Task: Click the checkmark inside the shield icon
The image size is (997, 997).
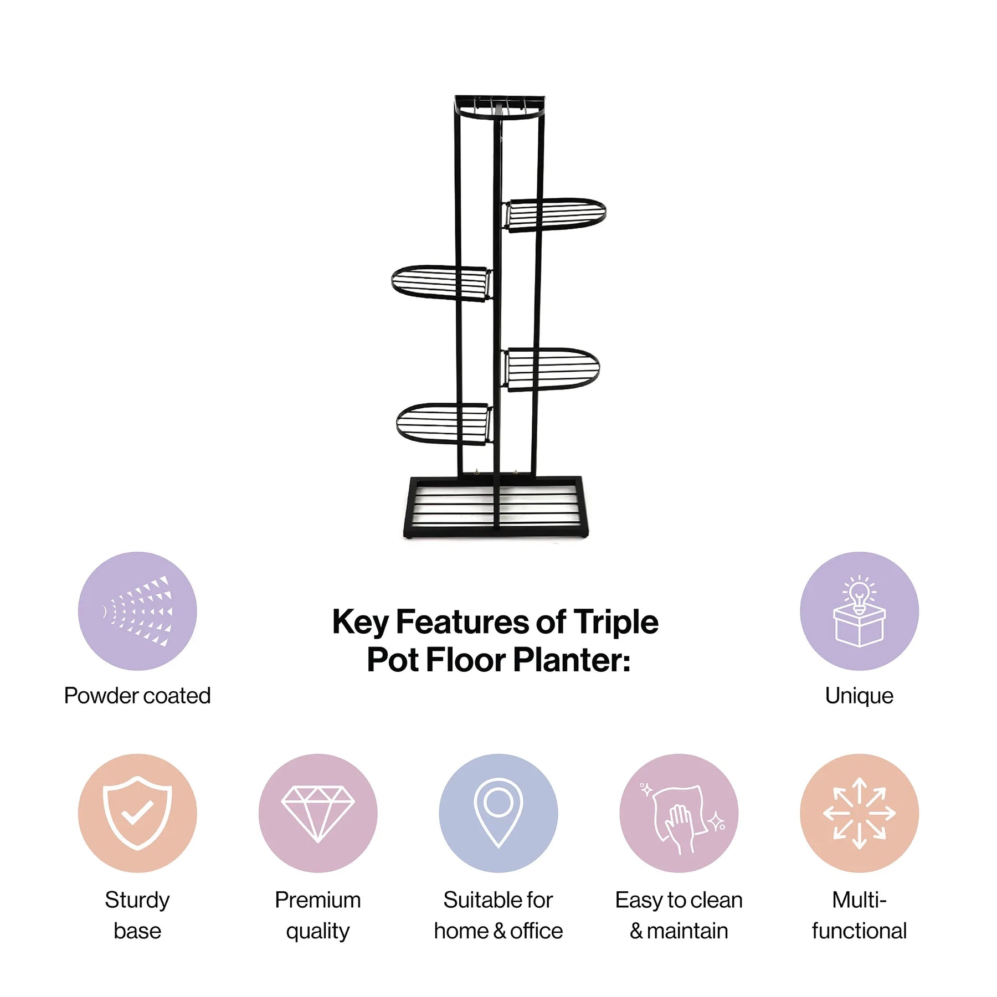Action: [x=137, y=813]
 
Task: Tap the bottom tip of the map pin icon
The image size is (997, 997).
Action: [x=498, y=847]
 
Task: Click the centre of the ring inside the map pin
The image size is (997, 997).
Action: [x=498, y=801]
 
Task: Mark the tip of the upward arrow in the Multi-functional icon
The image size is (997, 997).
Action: [x=859, y=778]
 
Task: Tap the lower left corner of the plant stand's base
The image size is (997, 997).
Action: [x=404, y=536]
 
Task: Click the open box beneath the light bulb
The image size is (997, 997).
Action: [x=859, y=626]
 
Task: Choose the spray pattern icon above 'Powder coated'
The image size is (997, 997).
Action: [x=137, y=611]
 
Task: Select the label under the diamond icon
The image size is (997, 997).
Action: [x=317, y=916]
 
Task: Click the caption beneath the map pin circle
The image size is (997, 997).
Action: [x=498, y=915]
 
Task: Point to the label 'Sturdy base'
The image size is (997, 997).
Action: [x=137, y=916]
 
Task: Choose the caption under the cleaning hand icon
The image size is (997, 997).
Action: [x=679, y=915]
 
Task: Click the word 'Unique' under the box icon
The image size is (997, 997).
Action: [x=859, y=696]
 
